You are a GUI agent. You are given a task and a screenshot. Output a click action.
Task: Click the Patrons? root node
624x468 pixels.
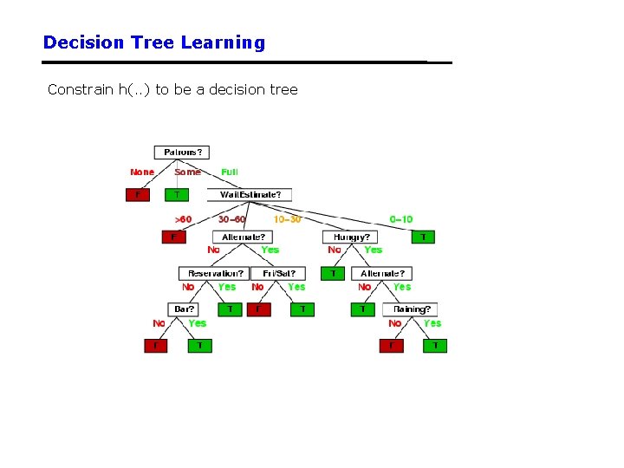pyautogui.click(x=182, y=153)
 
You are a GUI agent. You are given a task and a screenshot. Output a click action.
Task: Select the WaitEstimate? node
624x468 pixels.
pyautogui.click(x=250, y=195)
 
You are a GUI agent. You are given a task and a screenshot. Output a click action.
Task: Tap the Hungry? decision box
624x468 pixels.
pyautogui.click(x=351, y=237)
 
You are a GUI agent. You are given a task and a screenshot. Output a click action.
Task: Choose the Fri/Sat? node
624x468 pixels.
pyautogui.click(x=278, y=273)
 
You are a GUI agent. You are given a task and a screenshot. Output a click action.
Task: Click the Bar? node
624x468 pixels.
pyautogui.click(x=183, y=309)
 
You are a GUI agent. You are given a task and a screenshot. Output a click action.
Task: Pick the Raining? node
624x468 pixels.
pyautogui.click(x=411, y=309)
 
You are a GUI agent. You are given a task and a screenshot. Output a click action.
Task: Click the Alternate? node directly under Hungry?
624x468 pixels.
pyautogui.click(x=382, y=273)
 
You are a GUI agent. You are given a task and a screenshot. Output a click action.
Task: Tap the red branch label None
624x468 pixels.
pyautogui.click(x=142, y=172)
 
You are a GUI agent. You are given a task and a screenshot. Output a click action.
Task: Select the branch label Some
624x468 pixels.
pyautogui.click(x=187, y=172)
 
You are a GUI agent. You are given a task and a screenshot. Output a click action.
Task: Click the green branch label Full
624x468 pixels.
pyautogui.click(x=230, y=172)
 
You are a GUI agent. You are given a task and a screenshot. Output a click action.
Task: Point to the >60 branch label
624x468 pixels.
pyautogui.click(x=183, y=219)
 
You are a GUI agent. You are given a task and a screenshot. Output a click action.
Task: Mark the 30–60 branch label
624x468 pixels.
pyautogui.click(x=232, y=219)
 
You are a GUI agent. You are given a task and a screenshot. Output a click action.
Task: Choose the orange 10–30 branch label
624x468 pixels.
pyautogui.click(x=287, y=219)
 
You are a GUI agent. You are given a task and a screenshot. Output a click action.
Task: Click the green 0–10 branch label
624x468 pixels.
pyautogui.click(x=401, y=219)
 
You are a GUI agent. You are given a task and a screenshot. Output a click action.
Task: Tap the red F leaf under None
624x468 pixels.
pyautogui.click(x=137, y=194)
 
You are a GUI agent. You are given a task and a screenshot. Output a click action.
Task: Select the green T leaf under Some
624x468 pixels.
pyautogui.click(x=178, y=194)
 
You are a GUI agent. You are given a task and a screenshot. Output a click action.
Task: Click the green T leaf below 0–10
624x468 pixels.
pyautogui.click(x=423, y=237)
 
